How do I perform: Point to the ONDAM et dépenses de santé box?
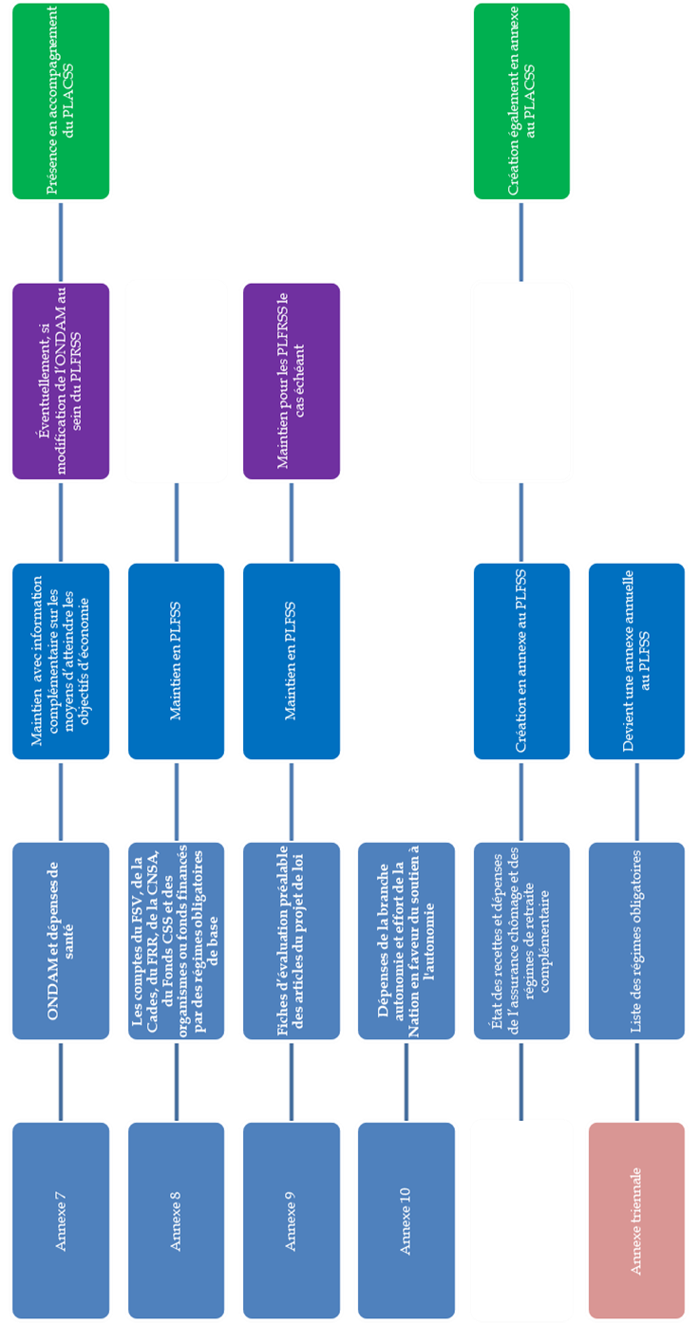tap(62, 940)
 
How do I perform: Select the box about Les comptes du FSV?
tap(177, 940)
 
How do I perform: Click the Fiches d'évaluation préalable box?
tap(291, 940)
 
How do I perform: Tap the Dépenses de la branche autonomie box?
tap(406, 940)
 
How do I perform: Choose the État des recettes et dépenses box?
tap(521, 940)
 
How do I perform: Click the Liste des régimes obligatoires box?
tap(636, 940)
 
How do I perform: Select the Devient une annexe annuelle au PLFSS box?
tap(636, 661)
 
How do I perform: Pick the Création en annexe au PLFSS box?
tap(521, 661)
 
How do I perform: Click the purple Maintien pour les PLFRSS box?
tap(291, 381)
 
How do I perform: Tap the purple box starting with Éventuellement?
tap(62, 381)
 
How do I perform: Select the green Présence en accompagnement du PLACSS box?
tap(62, 102)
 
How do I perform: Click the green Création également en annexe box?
tap(521, 102)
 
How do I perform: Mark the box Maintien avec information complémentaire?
tap(62, 661)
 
